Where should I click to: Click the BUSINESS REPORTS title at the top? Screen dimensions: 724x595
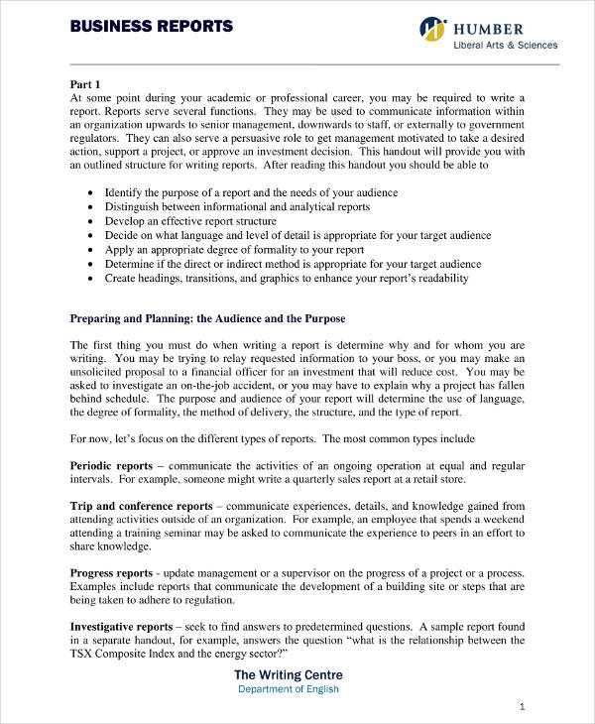(x=152, y=26)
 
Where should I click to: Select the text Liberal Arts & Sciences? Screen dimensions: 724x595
(x=505, y=45)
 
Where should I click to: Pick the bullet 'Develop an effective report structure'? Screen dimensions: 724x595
(x=190, y=221)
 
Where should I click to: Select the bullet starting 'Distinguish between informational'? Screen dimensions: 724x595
(x=237, y=206)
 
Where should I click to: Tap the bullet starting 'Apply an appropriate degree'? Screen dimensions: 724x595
(x=234, y=250)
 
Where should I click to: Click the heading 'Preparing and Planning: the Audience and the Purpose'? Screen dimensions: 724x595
(x=207, y=318)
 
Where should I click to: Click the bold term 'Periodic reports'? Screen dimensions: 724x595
(x=111, y=465)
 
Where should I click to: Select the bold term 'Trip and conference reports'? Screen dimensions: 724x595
(x=141, y=506)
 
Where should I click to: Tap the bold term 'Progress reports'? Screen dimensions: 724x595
(x=111, y=573)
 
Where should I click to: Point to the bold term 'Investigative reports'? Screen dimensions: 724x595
(x=120, y=627)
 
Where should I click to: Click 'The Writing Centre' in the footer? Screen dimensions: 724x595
(x=288, y=674)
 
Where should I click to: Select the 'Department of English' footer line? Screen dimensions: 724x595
(x=288, y=689)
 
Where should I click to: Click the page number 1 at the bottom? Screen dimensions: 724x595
(x=523, y=706)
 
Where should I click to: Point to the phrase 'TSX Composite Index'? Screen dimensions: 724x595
(x=128, y=655)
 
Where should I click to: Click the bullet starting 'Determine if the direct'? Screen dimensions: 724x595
(x=293, y=264)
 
